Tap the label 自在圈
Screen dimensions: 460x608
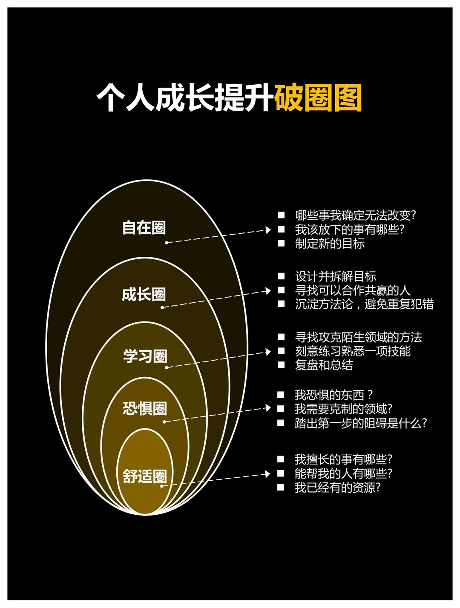(x=144, y=227)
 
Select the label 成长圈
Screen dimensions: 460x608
(x=144, y=294)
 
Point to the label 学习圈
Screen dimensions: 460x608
(x=145, y=356)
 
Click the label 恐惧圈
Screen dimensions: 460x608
(x=145, y=408)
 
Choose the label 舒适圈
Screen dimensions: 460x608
(x=145, y=476)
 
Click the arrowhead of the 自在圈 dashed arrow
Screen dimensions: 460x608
(x=268, y=230)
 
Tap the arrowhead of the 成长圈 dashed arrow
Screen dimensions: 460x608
(x=268, y=291)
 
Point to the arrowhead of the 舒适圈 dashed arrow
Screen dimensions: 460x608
(x=267, y=474)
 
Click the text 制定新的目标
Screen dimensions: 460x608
(x=330, y=244)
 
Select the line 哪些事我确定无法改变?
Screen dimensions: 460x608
(x=355, y=215)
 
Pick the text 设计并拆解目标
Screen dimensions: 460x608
(x=336, y=276)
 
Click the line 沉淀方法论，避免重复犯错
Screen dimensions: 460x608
(x=364, y=304)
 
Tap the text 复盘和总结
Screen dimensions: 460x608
(x=324, y=365)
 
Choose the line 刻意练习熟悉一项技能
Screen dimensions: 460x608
(x=353, y=351)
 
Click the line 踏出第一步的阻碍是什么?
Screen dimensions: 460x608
(x=360, y=423)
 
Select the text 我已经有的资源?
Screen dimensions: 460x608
(x=337, y=488)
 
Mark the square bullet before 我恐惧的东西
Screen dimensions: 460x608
(x=281, y=395)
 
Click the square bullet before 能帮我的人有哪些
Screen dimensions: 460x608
(x=281, y=473)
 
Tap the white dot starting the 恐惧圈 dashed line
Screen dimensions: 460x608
(x=164, y=422)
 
